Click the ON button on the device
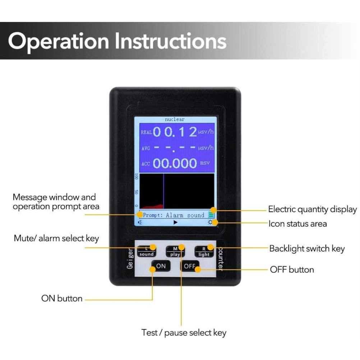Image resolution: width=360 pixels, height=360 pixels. tap(161, 266)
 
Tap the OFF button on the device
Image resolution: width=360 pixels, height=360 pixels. tap(190, 266)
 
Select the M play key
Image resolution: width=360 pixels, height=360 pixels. tap(175, 251)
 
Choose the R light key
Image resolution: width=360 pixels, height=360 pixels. tap(204, 251)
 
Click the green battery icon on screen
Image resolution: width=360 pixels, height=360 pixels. tap(211, 215)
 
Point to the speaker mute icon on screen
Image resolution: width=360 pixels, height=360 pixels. tap(140, 222)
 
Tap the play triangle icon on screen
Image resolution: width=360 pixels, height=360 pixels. tap(175, 222)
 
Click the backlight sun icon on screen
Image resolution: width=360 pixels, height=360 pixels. tap(210, 222)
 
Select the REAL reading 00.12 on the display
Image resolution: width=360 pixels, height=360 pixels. tap(175, 132)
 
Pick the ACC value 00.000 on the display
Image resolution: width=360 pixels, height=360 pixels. tap(175, 163)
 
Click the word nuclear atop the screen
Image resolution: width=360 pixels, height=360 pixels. tap(175, 119)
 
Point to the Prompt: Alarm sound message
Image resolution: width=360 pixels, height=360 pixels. tap(174, 215)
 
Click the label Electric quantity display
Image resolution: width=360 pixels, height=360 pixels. tap(313, 209)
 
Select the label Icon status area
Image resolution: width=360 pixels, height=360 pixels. tap(298, 224)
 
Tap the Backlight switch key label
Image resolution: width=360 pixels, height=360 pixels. tap(307, 249)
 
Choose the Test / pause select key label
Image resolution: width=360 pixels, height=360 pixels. tap(184, 333)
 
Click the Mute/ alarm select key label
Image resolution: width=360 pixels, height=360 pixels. tap(56, 238)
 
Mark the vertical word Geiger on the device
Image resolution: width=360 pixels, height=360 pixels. tap(130, 259)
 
